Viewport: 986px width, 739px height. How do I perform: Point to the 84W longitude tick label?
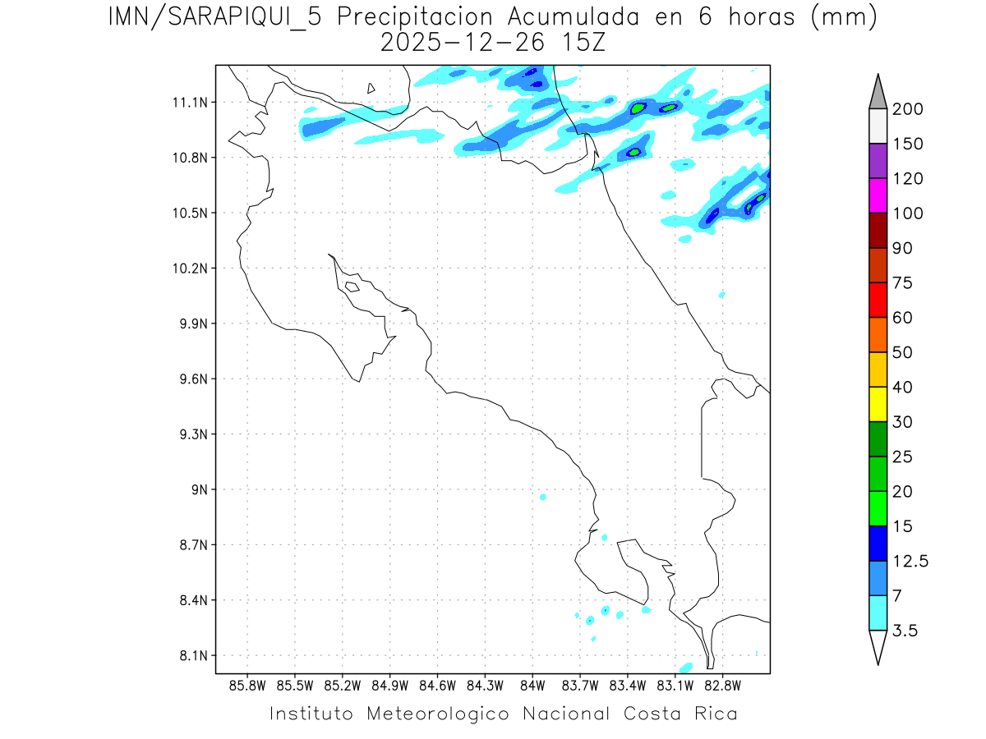pos(532,685)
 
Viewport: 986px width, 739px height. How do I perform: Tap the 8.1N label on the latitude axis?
pos(190,656)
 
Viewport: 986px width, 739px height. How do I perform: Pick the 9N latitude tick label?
pos(200,490)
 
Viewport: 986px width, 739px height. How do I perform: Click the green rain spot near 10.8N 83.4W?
pos(634,152)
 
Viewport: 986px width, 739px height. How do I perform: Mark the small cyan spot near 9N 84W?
pos(543,497)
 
